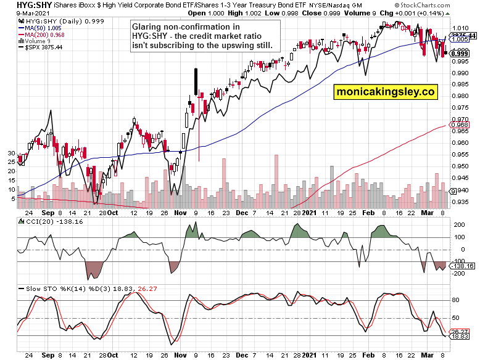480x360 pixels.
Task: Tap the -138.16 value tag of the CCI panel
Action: pos(463,266)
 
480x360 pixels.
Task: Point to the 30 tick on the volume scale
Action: pos(10,152)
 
